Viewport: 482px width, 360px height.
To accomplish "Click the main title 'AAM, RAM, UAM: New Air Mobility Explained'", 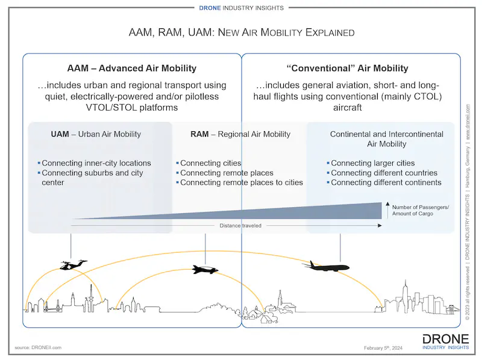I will click(x=242, y=31).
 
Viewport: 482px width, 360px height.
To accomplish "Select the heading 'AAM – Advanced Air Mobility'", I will click(x=131, y=68).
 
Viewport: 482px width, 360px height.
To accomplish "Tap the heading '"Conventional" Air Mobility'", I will click(x=351, y=68).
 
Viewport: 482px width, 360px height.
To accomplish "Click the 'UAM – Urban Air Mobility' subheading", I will click(x=96, y=134).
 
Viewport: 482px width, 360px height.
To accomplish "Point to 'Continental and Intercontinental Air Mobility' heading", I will click(x=386, y=138).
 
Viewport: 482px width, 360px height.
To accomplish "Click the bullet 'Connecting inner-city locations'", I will click(x=96, y=163).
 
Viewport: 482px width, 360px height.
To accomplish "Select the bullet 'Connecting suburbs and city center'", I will click(x=92, y=178).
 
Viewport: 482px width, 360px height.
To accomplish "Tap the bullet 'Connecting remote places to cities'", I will click(x=241, y=182).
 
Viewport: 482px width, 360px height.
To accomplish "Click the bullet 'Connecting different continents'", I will click(x=386, y=182).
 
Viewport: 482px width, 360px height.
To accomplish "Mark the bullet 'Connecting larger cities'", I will click(x=372, y=163).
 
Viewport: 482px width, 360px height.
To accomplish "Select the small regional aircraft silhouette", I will click(x=205, y=270).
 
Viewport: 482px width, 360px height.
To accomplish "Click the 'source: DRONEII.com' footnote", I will click(x=38, y=347).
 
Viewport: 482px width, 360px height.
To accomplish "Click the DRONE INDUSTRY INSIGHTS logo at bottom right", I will click(x=446, y=341).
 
